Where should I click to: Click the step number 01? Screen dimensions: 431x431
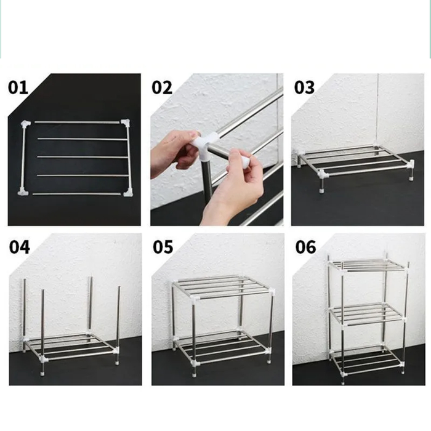click(x=18, y=87)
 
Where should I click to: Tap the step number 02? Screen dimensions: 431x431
click(x=162, y=87)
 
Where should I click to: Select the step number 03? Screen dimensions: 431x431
click(x=304, y=87)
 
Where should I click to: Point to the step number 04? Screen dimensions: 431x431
click(x=19, y=248)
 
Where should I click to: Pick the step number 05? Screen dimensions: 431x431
click(x=163, y=248)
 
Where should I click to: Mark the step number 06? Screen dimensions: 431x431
click(x=305, y=248)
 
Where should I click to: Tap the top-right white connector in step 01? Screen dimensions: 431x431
click(x=125, y=123)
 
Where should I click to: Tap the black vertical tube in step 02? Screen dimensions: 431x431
click(x=207, y=185)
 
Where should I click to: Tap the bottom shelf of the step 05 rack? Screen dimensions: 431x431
click(x=222, y=347)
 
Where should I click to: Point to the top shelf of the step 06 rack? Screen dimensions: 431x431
click(x=366, y=266)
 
